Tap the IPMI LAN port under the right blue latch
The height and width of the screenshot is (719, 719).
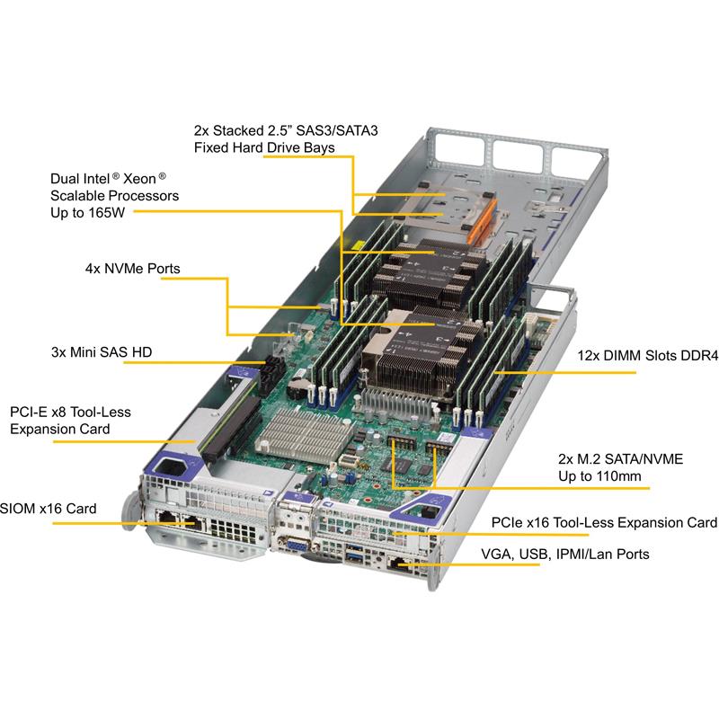(x=401, y=564)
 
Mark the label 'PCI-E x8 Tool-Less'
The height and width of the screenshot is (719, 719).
(x=70, y=413)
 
